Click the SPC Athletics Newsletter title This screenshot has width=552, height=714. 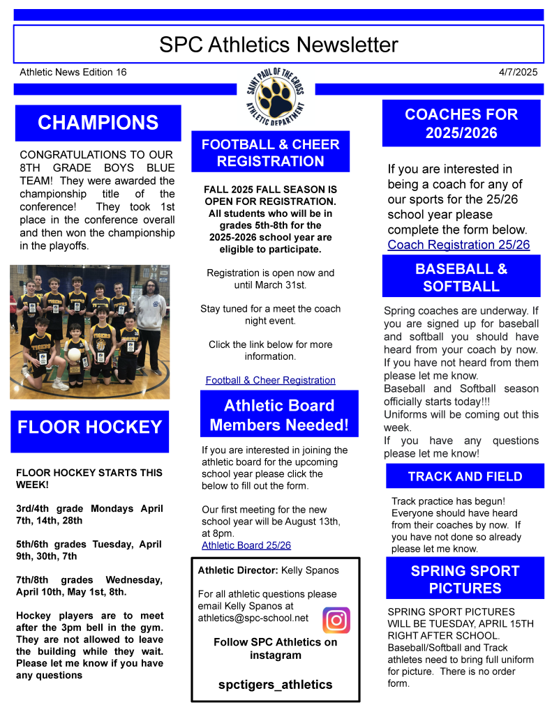point(278,45)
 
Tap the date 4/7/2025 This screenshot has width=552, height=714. point(518,72)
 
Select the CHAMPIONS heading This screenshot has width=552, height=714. point(98,123)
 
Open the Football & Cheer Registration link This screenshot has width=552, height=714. point(270,380)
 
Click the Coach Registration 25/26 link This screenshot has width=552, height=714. point(458,245)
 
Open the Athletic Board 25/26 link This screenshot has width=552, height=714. point(246,545)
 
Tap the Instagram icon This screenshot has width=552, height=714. point(336,620)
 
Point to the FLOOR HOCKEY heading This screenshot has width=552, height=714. point(89,427)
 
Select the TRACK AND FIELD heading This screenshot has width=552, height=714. point(465,476)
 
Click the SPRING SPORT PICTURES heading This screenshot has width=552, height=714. point(465,579)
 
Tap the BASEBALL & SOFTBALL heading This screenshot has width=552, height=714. point(461,278)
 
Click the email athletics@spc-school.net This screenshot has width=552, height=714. point(253,618)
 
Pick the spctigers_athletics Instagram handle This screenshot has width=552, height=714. point(275,684)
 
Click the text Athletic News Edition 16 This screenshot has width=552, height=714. point(73,72)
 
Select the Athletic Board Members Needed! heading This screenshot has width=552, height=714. point(279,415)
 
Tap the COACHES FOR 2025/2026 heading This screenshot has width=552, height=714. point(461,123)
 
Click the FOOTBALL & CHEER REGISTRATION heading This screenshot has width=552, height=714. point(271,153)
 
